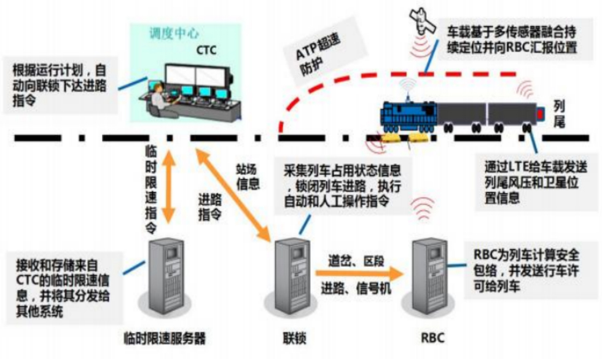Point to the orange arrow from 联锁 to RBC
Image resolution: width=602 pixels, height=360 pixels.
click(356, 273)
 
